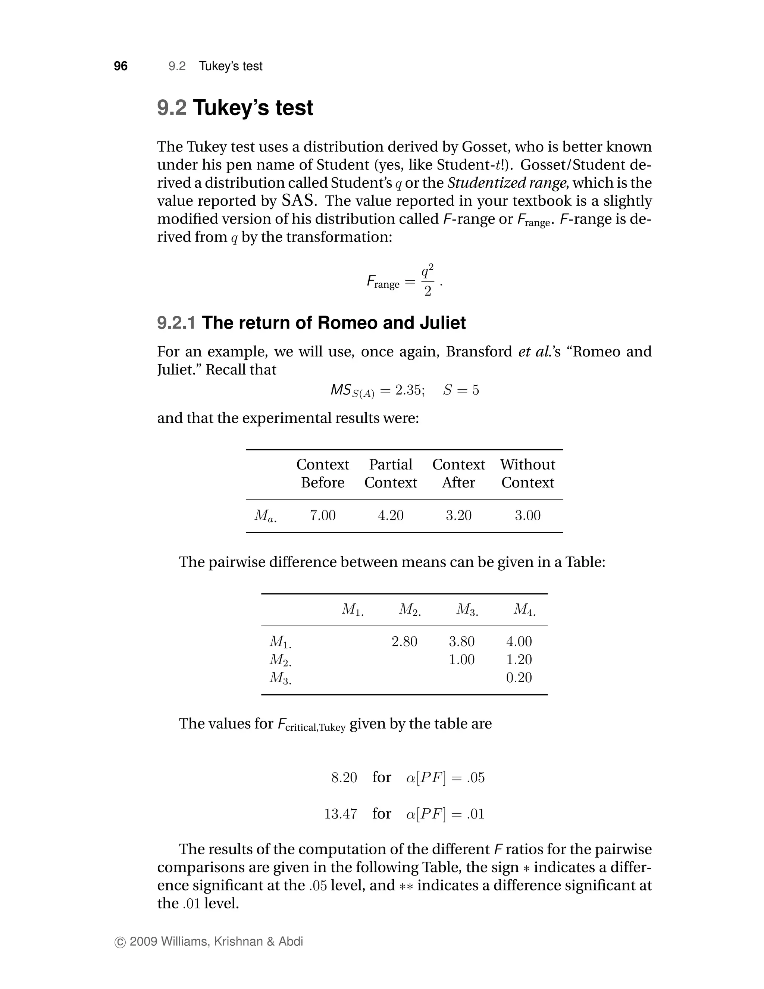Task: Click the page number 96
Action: click(120, 66)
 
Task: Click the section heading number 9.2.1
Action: click(176, 323)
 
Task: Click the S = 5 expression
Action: click(461, 390)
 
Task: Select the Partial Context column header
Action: click(391, 473)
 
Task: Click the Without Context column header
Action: click(527, 473)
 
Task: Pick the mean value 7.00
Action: click(323, 515)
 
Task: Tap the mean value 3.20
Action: click(458, 515)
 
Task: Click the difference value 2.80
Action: click(404, 641)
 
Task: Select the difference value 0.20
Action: click(519, 677)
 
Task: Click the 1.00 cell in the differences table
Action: click(462, 659)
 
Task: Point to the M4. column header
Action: click(524, 609)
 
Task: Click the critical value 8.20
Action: click(344, 777)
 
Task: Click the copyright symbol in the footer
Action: click(120, 942)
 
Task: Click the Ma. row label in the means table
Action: click(265, 516)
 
